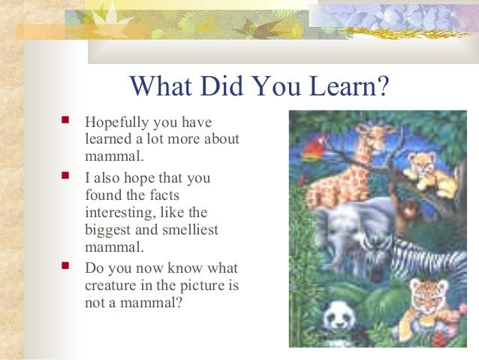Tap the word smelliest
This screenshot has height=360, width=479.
[188, 230]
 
